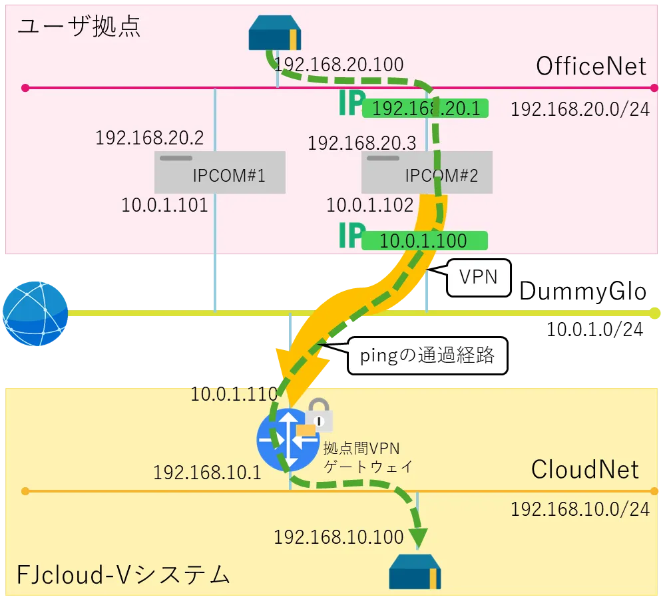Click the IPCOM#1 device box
(220, 172)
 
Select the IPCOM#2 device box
(427, 172)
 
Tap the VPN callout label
(478, 277)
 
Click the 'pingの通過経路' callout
(427, 355)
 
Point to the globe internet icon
(35, 313)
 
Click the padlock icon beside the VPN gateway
(320, 415)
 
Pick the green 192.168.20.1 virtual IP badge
(425, 108)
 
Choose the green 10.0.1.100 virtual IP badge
(424, 240)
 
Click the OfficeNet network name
(591, 66)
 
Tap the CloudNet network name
(585, 469)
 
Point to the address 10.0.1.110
(234, 394)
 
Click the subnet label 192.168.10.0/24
(580, 509)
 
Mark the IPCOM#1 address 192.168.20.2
(149, 138)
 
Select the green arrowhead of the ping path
(418, 536)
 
